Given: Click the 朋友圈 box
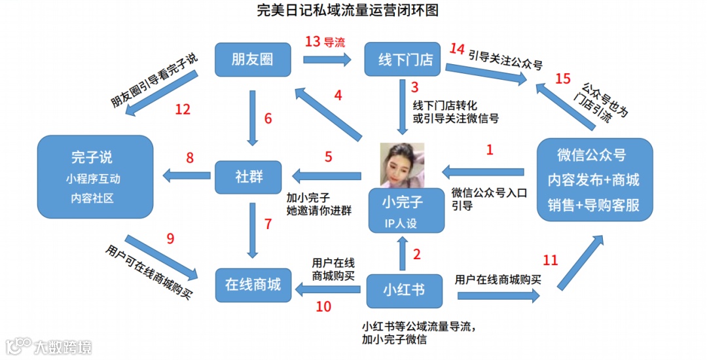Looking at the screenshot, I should [253, 60].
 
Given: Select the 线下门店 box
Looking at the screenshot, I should [405, 60].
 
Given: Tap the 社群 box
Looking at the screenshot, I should [249, 176].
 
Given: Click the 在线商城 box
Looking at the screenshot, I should [253, 284].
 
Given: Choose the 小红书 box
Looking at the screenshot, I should [405, 289].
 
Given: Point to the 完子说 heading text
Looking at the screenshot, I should [92, 158].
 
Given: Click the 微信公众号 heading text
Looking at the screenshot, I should [591, 156].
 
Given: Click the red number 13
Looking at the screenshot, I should [313, 42].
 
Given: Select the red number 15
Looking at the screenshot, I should [563, 79].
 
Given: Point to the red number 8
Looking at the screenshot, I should [190, 158].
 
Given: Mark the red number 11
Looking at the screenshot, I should [551, 261].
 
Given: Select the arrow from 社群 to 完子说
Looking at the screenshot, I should [186, 175].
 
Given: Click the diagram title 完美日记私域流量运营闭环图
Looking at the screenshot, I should [347, 10].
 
